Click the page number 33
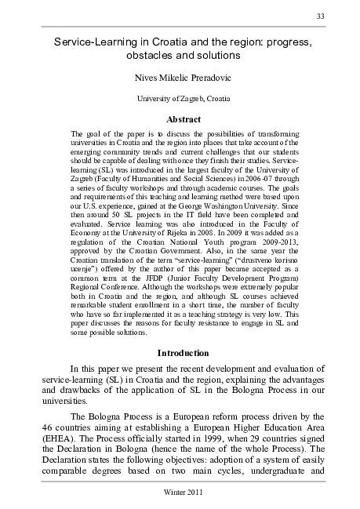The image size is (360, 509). (320, 17)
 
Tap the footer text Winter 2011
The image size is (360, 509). (180, 492)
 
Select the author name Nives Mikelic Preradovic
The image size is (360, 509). (180, 78)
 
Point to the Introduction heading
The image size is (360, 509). (180, 353)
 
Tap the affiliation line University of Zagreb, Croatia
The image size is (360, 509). (180, 99)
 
